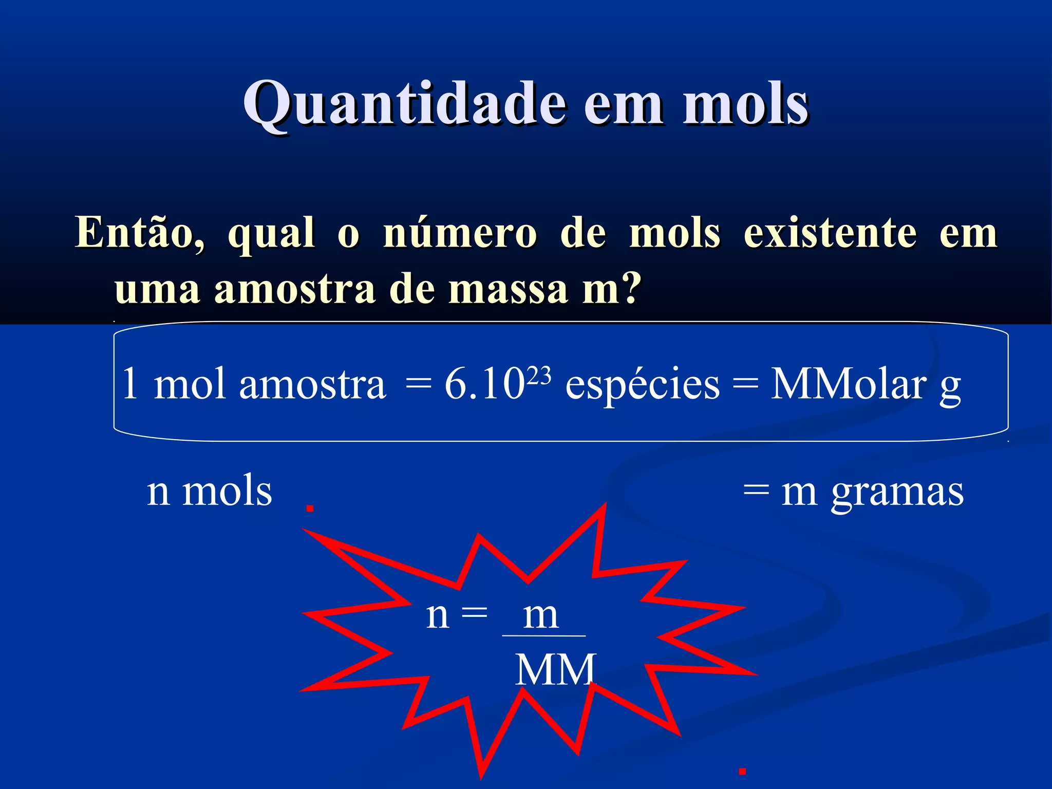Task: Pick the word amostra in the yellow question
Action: coord(295,289)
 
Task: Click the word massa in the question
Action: coord(508,289)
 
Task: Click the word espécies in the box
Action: coord(642,385)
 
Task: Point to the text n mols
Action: coord(209,492)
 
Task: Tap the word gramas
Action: coord(897,493)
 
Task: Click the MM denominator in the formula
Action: coord(555,669)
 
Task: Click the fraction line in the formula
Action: coord(543,636)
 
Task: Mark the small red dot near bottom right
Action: coord(742,771)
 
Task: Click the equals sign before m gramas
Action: coord(756,490)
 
